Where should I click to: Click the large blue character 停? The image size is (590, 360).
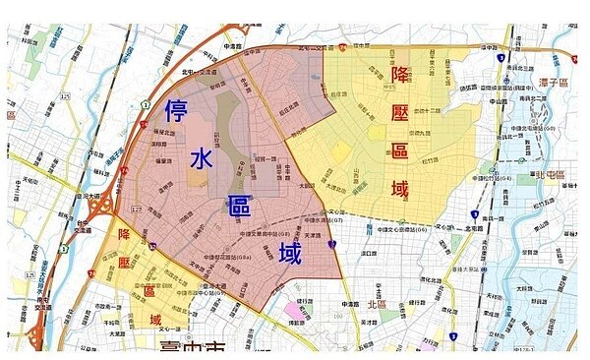[178, 110]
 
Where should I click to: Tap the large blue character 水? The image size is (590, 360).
[202, 159]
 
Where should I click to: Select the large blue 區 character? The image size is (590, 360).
[240, 207]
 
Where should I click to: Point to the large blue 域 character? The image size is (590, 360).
[289, 254]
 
